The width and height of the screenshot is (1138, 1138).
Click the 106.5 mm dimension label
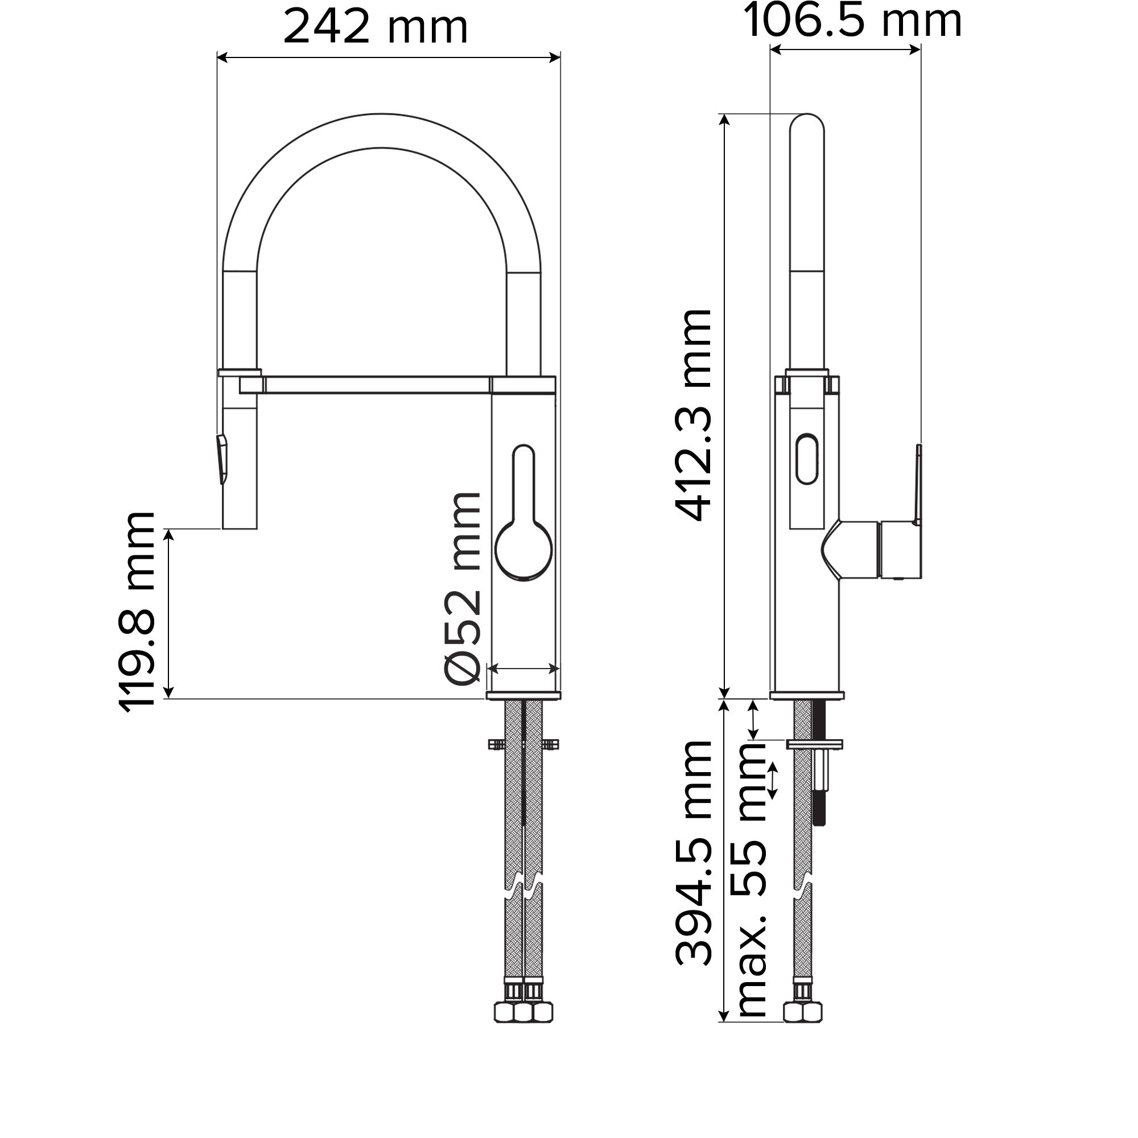pos(852,21)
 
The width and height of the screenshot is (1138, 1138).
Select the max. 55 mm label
pos(751,884)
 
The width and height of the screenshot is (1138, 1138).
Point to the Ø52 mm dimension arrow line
pos(523,669)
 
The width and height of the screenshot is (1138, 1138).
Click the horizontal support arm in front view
pos(377,385)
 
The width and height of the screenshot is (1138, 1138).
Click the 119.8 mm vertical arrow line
pos(169,613)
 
